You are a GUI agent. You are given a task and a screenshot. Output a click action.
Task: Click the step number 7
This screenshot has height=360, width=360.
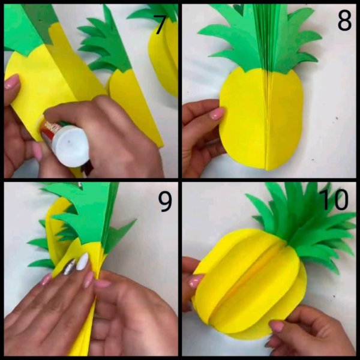pyautogui.click(x=160, y=25)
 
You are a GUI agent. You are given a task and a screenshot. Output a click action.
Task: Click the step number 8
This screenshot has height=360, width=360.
pyautogui.click(x=344, y=21)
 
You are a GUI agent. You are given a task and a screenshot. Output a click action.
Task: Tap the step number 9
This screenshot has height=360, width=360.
pyautogui.click(x=165, y=202)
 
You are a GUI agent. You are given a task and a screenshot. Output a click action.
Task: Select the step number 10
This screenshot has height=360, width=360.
pyautogui.click(x=334, y=199)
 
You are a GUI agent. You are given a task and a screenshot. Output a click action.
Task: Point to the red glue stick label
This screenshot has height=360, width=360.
pyautogui.click(x=49, y=128)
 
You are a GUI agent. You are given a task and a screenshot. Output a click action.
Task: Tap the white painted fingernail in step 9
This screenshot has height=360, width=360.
pyautogui.click(x=82, y=261)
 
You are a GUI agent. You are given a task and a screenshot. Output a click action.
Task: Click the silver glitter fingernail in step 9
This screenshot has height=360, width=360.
pyautogui.click(x=69, y=267)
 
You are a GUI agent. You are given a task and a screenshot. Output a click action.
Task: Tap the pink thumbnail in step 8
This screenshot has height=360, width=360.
pyautogui.click(x=217, y=114)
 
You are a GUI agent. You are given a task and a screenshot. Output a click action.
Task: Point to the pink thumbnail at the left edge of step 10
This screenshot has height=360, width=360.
pyautogui.click(x=196, y=281)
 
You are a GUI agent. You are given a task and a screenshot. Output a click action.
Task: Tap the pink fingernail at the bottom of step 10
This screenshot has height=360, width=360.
pyautogui.click(x=277, y=326)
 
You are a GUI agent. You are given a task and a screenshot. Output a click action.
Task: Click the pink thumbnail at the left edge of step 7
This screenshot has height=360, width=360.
pyautogui.click(x=11, y=82)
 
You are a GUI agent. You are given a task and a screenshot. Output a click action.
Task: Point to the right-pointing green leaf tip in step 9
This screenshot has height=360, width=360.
pyautogui.click(x=136, y=220)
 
